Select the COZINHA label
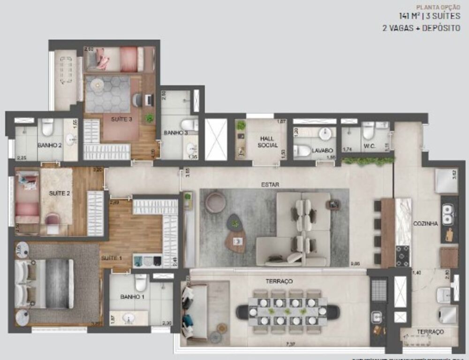[425, 224]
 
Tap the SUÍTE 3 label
[121, 119]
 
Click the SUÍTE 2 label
[60, 192]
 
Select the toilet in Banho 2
[47, 127]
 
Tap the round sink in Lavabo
[325, 134]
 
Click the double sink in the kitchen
[448, 214]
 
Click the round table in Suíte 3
[98, 84]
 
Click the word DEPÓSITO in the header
[440, 28]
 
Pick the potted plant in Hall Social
[241, 125]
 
